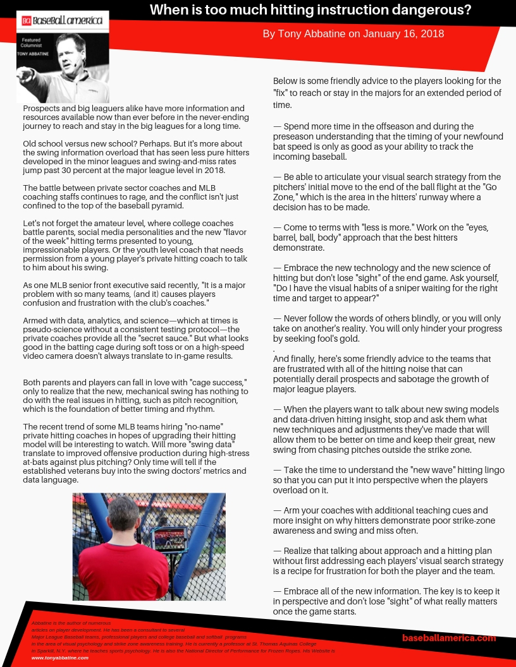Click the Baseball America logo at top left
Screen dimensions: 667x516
tap(62, 21)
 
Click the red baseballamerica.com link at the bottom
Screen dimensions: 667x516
tap(449, 638)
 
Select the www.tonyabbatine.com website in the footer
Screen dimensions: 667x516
tap(60, 658)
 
